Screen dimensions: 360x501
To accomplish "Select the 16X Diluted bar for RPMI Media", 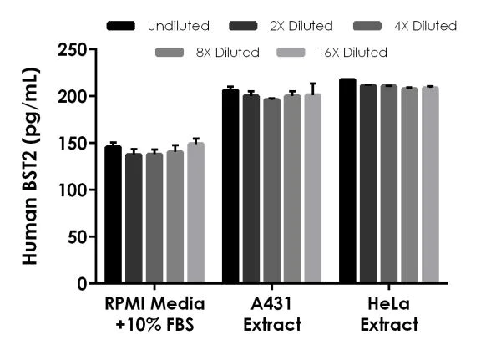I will click(195, 214).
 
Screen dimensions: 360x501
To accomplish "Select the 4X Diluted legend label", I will click(426, 26).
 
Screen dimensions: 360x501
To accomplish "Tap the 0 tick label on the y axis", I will click(82, 284).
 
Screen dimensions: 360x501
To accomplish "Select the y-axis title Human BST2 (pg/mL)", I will click(31, 167).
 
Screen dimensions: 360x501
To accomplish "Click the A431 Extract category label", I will click(272, 312).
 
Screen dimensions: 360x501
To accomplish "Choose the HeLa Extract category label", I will click(389, 312).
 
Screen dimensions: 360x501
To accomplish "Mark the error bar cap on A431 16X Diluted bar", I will click(312, 84).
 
